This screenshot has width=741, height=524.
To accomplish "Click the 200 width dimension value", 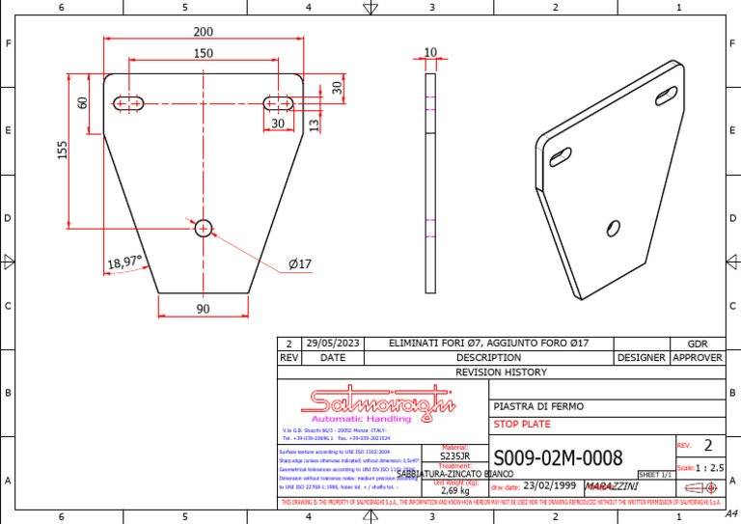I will click(x=204, y=32).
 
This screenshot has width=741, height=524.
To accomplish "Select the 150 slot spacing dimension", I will click(x=204, y=54).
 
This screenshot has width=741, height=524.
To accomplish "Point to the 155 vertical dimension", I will click(x=63, y=150).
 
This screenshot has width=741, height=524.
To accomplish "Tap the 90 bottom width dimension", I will click(x=204, y=309).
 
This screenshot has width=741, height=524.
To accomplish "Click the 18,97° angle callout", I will click(x=124, y=262).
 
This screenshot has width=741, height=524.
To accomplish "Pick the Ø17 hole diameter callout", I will click(x=300, y=263).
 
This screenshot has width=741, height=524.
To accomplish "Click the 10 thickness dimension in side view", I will click(x=430, y=53).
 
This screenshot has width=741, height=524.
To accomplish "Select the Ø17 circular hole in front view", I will click(x=204, y=228).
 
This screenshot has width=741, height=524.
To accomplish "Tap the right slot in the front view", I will click(x=279, y=102).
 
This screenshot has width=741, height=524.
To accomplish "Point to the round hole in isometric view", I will click(x=613, y=228).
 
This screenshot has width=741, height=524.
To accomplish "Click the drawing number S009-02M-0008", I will click(x=558, y=457).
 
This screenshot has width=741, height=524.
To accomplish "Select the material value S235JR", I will click(x=454, y=456).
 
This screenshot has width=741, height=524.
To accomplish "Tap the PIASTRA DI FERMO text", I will click(x=538, y=406).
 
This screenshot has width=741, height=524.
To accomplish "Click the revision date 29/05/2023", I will click(x=332, y=344).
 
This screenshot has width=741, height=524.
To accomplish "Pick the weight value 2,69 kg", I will click(x=454, y=491).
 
